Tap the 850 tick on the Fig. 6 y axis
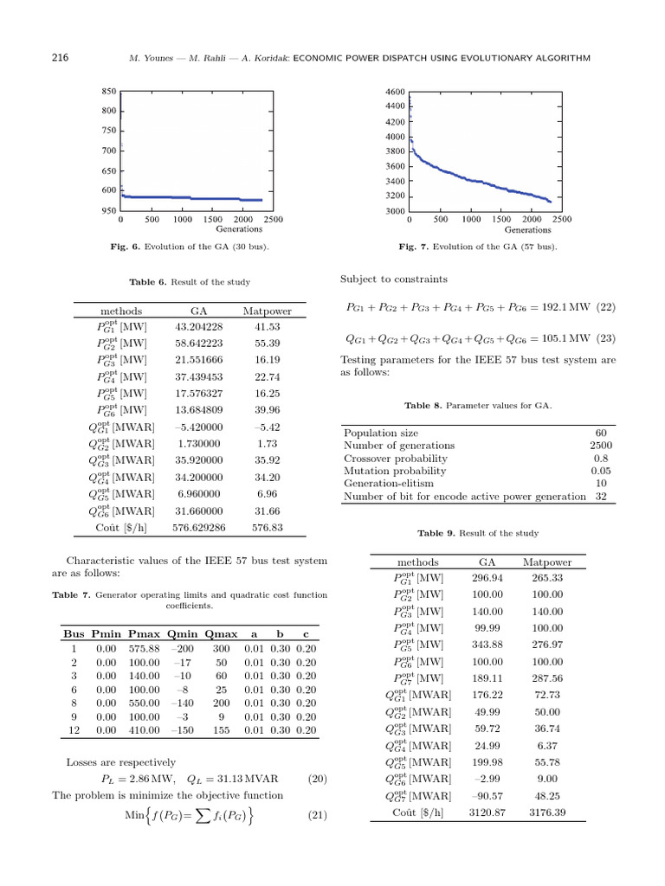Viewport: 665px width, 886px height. coord(109,91)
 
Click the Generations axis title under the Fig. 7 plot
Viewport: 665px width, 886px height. coord(527,230)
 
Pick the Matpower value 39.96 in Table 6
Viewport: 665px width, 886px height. coord(267,410)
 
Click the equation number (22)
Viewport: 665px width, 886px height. coord(605,307)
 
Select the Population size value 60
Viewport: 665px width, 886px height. coord(600,433)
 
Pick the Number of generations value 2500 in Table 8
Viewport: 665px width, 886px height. coord(595,446)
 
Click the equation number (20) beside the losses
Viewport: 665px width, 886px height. coord(317,779)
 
